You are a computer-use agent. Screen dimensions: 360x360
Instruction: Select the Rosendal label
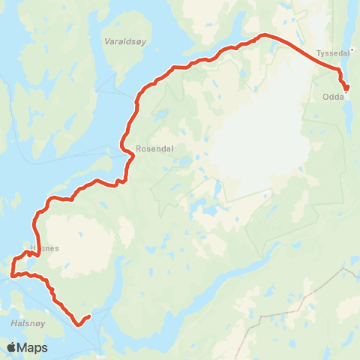click(154, 148)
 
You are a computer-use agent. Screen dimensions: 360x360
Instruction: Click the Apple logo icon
click(11, 348)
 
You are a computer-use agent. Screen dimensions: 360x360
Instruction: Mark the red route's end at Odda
click(346, 88)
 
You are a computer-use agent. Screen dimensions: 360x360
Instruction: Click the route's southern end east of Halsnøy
click(88, 316)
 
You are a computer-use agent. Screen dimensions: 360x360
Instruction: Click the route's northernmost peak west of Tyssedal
click(263, 34)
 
